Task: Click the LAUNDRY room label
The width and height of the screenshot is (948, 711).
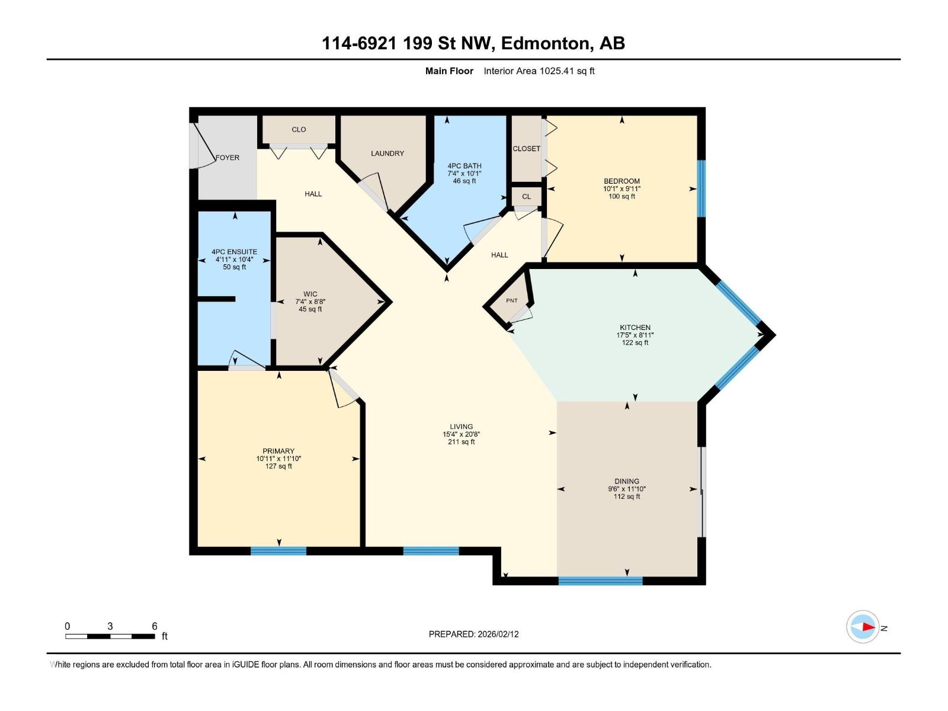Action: click(x=387, y=153)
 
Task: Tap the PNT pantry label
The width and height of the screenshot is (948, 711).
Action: click(x=512, y=301)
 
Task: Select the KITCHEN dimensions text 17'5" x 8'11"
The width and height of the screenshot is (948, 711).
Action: click(x=635, y=335)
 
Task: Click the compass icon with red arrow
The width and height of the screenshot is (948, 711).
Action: click(x=863, y=627)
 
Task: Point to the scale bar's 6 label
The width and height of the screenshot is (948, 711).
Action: click(x=155, y=626)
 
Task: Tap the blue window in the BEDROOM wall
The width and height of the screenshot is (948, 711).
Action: click(x=701, y=188)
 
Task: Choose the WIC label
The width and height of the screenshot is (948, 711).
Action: click(x=310, y=294)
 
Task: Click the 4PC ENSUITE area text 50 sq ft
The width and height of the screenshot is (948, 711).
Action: click(x=235, y=267)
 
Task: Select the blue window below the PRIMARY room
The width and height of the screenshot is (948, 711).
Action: click(x=278, y=551)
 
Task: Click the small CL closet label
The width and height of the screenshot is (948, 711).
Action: click(x=527, y=197)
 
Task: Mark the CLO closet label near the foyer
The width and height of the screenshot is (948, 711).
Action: click(x=299, y=130)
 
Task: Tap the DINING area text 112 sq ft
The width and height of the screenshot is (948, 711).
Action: click(x=627, y=497)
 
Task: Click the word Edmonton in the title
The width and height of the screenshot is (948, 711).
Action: click(x=547, y=43)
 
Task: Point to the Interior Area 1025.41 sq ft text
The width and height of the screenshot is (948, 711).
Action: click(x=539, y=71)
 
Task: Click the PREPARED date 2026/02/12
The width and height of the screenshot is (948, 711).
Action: click(x=498, y=634)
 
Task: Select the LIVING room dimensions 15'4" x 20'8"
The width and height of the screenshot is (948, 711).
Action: click(x=461, y=434)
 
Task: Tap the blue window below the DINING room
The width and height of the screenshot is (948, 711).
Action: click(x=600, y=581)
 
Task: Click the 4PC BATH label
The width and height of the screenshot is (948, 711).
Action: click(x=465, y=166)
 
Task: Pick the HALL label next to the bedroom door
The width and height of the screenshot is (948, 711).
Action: click(x=499, y=255)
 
